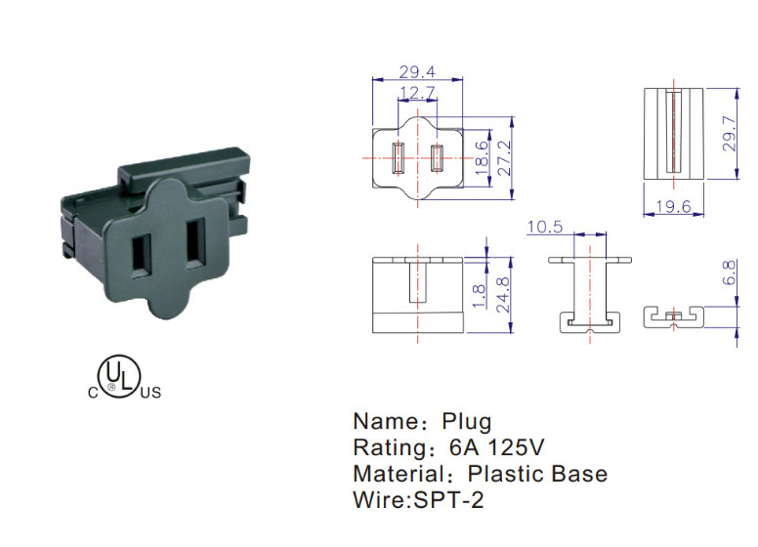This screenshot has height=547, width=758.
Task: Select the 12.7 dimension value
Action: point(417,93)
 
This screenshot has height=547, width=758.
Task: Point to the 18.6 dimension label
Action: point(482,156)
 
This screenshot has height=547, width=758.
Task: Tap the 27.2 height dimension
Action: point(504,156)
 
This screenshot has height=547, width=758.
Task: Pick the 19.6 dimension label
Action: point(675,207)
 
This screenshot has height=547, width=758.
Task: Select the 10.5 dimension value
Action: point(544,228)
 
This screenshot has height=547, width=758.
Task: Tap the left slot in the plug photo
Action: point(143,253)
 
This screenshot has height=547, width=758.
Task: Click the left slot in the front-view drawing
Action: point(399,158)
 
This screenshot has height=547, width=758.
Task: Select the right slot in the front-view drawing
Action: point(437,158)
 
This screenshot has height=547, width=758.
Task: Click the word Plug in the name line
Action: point(467,423)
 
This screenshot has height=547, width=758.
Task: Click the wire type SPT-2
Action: point(446,500)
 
